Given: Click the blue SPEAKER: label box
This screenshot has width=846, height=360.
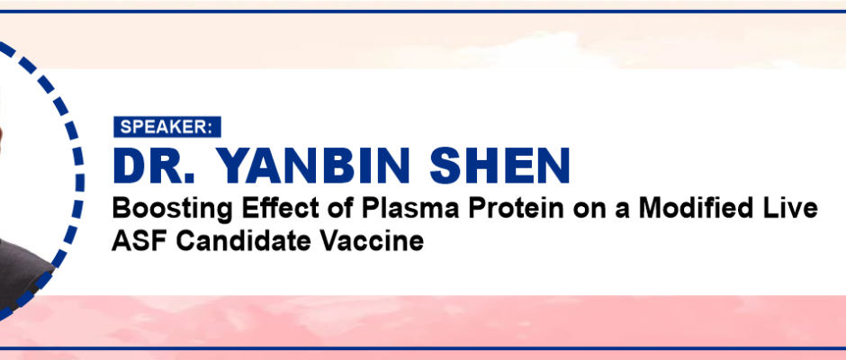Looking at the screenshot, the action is click(166, 127).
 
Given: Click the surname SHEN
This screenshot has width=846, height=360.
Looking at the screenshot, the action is click(499, 166).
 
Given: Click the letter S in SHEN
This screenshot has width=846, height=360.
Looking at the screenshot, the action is click(445, 166).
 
